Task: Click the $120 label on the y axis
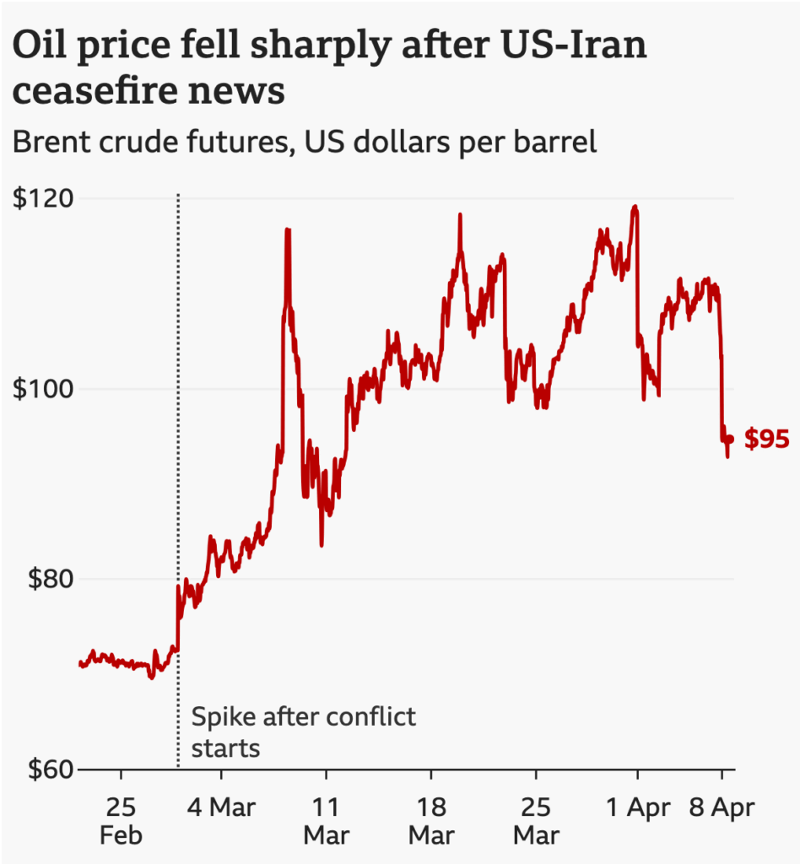41,199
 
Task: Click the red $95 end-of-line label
766,439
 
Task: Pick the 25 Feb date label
121,821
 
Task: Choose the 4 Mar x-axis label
220,807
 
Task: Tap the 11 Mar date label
326,821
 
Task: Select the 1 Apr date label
637,807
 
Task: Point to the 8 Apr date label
722,807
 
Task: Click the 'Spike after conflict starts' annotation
304,732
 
